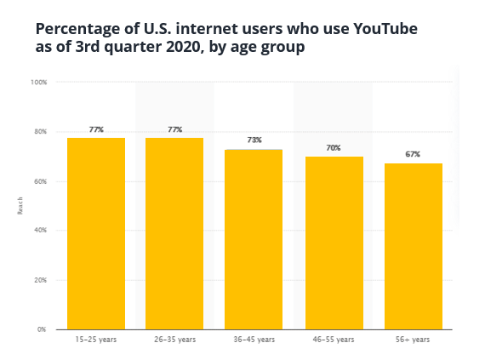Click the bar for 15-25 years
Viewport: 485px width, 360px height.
(x=96, y=233)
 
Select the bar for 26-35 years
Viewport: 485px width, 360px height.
(x=174, y=233)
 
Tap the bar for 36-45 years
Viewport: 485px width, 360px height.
(x=254, y=239)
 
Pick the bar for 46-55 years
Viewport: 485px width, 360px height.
(x=334, y=243)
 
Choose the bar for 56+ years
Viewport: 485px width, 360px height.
(x=414, y=246)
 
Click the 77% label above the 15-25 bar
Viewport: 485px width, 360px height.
(x=96, y=129)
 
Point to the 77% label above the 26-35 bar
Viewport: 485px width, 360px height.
(x=174, y=129)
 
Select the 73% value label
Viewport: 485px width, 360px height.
(x=254, y=140)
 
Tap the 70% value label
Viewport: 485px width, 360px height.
(x=334, y=148)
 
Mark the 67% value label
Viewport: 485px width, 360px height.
(x=414, y=155)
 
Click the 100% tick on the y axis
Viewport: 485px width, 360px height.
(x=38, y=83)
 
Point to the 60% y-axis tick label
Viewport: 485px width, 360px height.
(x=40, y=181)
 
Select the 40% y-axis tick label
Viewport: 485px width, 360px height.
(x=40, y=231)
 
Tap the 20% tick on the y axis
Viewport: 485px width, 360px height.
(x=40, y=280)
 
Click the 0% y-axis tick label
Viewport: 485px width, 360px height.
(x=42, y=329)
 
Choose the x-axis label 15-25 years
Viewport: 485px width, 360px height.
(x=96, y=340)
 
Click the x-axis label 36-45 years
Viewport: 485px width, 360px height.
(x=254, y=340)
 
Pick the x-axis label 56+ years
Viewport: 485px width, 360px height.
(x=414, y=340)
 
